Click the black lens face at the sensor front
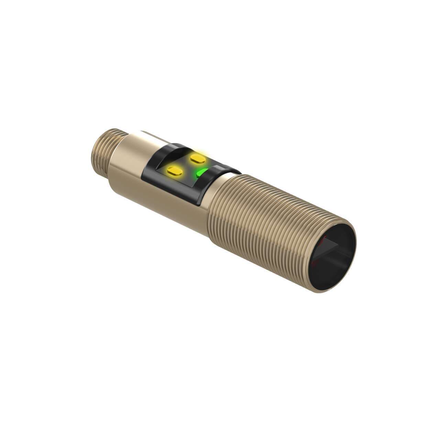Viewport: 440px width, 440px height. click(x=332, y=256)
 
